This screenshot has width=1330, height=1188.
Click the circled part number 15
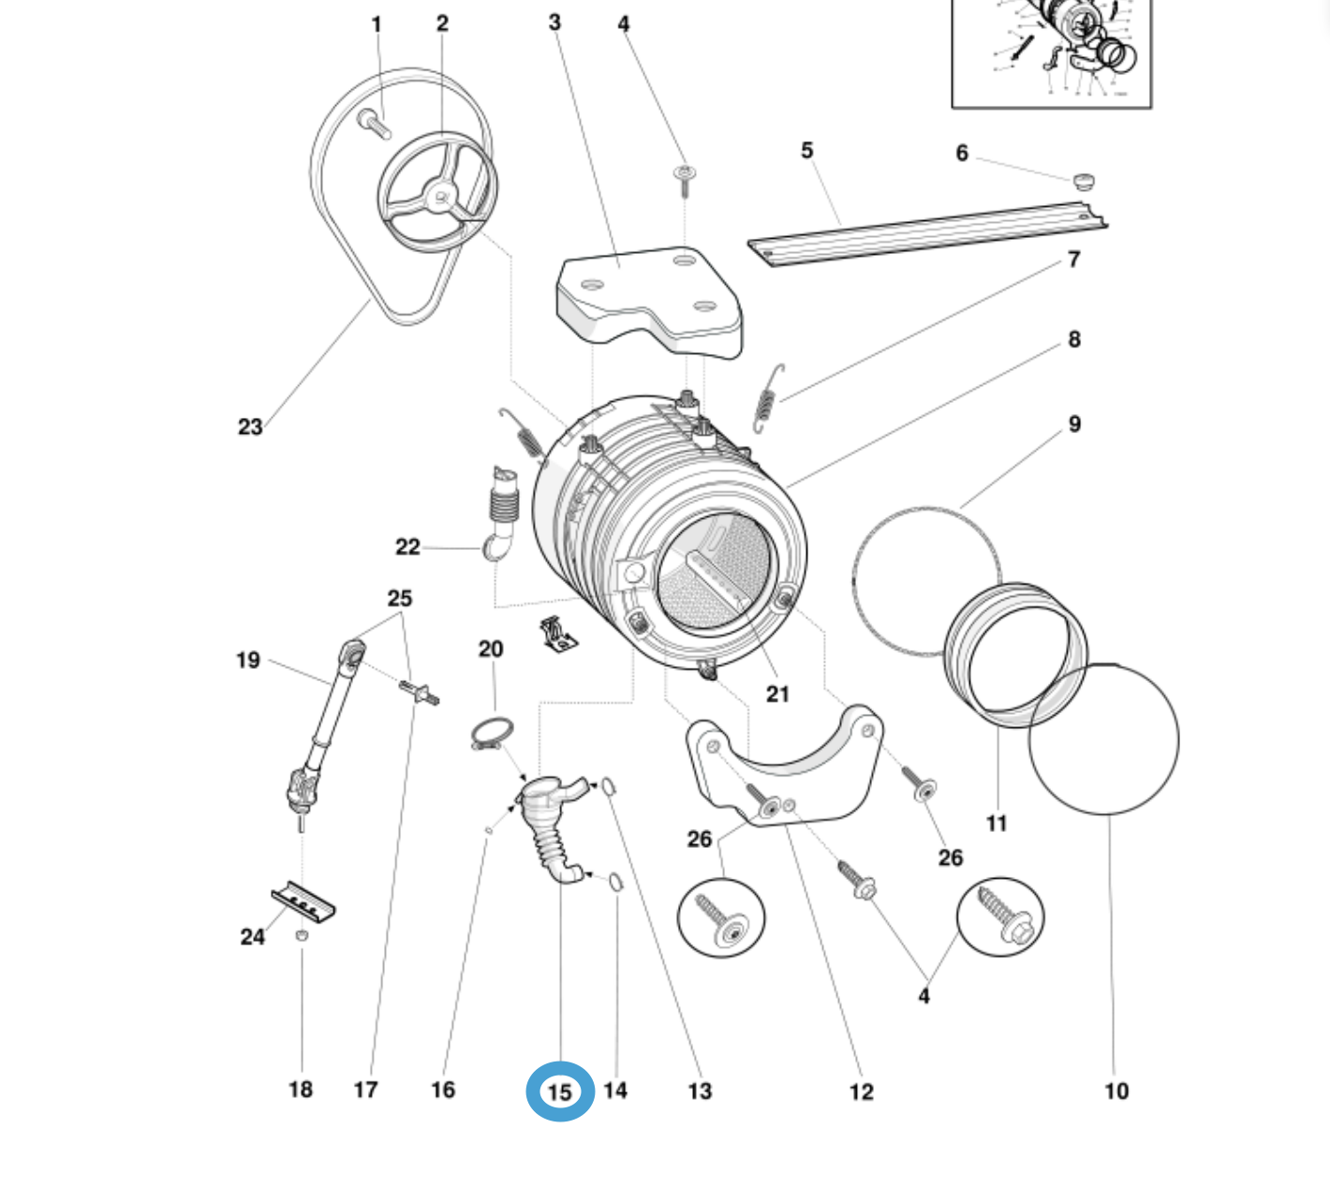click(x=559, y=1091)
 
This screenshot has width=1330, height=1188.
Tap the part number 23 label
click(x=250, y=427)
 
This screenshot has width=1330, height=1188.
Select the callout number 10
click(x=1116, y=1091)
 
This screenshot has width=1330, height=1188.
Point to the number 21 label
click(x=777, y=694)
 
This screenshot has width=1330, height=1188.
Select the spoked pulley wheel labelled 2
click(x=437, y=193)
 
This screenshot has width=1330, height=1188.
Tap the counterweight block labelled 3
click(x=649, y=303)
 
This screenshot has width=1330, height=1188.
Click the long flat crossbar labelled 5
click(x=927, y=234)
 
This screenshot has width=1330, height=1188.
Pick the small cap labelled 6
click(x=1083, y=180)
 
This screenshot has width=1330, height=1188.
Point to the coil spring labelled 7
click(x=766, y=399)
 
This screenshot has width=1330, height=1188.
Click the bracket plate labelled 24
click(x=303, y=901)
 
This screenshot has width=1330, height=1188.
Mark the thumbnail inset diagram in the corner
click(x=1051, y=52)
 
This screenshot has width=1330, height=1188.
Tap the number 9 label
click(x=1074, y=424)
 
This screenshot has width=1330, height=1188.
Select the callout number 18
click(x=301, y=1089)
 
